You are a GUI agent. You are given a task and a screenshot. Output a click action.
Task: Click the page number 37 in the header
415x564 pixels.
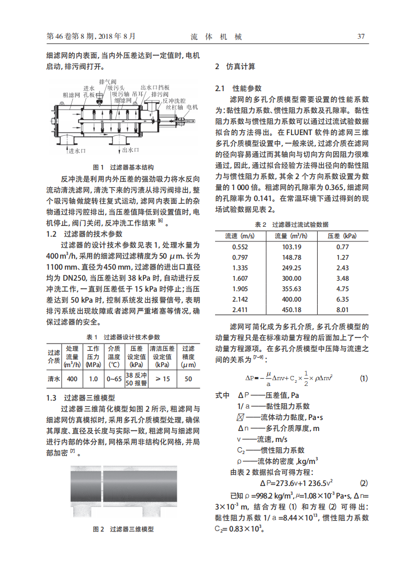tap(361, 37)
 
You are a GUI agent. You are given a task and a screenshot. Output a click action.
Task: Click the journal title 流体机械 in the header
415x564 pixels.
tap(216, 37)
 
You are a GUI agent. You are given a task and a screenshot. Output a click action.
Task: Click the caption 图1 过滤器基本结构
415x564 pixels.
tap(123, 168)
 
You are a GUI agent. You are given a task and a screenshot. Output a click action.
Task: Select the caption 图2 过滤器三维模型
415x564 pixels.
tap(123, 529)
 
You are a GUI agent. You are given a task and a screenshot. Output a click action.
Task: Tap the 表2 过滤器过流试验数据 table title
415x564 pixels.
tap(291, 224)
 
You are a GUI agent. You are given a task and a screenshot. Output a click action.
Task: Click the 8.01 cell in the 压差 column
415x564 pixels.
tap(342, 310)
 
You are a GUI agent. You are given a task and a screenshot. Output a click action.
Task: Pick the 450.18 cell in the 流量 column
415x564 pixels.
tap(291, 310)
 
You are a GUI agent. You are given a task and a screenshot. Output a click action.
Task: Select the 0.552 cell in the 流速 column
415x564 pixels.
tap(240, 247)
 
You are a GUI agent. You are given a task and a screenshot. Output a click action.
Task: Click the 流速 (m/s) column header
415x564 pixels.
tap(240, 236)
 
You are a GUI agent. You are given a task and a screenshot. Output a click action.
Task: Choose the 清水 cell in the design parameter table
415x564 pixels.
tap(54, 378)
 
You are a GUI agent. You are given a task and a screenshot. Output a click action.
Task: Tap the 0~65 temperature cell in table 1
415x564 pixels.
tap(114, 378)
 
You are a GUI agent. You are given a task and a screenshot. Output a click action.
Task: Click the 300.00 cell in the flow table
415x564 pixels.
tap(291, 278)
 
